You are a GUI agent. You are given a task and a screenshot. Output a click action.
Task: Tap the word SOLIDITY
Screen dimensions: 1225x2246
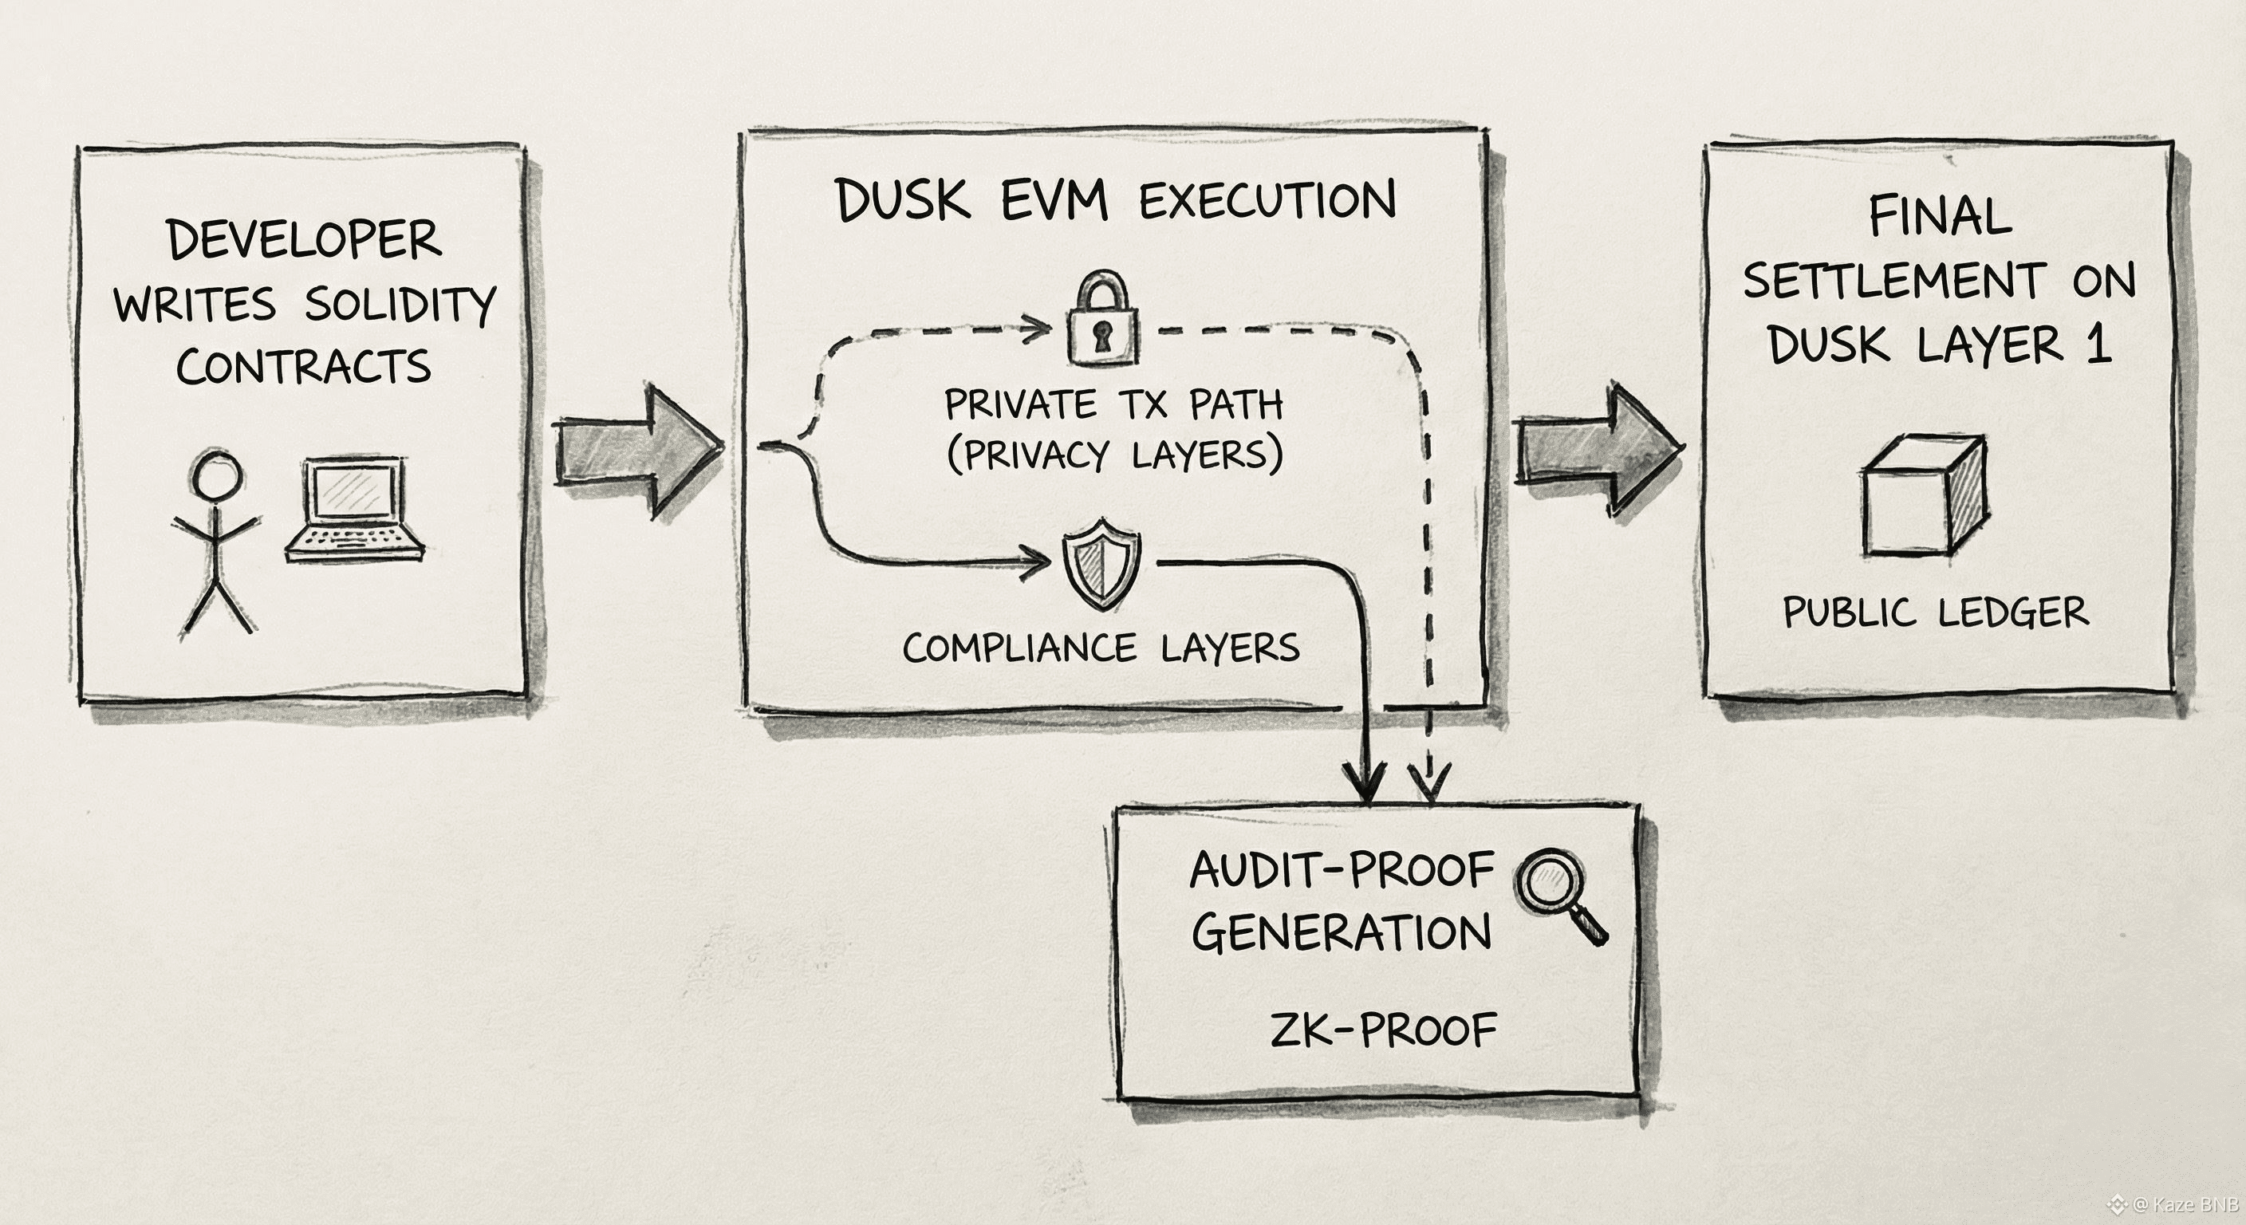[400, 305]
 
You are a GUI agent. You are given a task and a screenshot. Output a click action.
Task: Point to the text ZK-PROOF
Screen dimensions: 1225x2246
[1383, 1030]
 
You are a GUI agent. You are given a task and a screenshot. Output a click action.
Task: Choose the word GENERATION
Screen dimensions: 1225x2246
[1341, 933]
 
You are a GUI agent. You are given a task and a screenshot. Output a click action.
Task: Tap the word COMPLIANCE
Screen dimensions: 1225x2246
[1019, 648]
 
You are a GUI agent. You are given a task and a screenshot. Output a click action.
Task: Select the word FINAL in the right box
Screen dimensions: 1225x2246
[1940, 216]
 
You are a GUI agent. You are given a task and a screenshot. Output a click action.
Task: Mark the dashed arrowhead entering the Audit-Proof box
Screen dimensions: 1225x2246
[1429, 782]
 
